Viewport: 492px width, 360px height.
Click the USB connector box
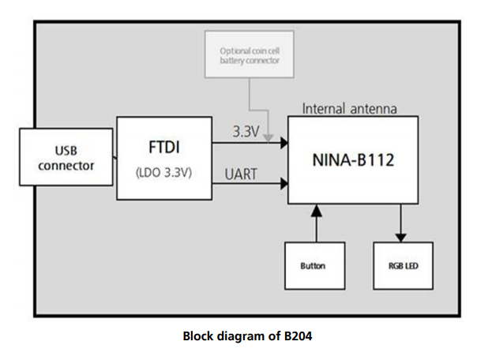pos(66,158)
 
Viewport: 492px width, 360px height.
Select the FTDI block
pos(164,157)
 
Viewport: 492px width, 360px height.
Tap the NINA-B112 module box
pos(353,160)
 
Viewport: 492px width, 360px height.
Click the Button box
pos(313,265)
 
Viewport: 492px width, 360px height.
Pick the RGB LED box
pos(402,265)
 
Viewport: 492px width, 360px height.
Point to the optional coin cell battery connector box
pos(249,55)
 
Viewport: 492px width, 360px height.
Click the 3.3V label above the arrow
pos(246,132)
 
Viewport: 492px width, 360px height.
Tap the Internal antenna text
pos(350,108)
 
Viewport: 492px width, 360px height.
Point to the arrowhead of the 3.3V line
pos(282,143)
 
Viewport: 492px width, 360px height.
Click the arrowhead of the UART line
pos(282,186)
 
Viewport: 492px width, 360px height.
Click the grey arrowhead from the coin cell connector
pos(269,137)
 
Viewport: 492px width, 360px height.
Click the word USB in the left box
pos(66,150)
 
